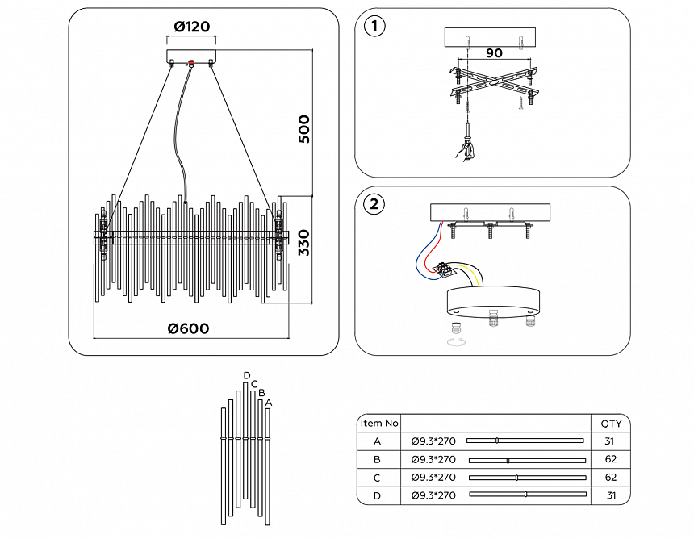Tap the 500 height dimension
click(x=303, y=129)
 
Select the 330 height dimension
click(x=303, y=242)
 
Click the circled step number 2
click(x=374, y=204)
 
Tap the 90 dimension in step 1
click(x=495, y=54)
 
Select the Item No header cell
click(x=378, y=423)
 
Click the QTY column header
click(x=611, y=423)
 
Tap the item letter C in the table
click(x=377, y=478)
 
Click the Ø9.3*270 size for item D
click(x=433, y=495)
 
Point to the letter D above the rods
click(x=247, y=375)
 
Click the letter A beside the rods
click(x=269, y=402)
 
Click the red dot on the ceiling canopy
click(x=192, y=63)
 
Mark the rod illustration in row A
click(x=525, y=441)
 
